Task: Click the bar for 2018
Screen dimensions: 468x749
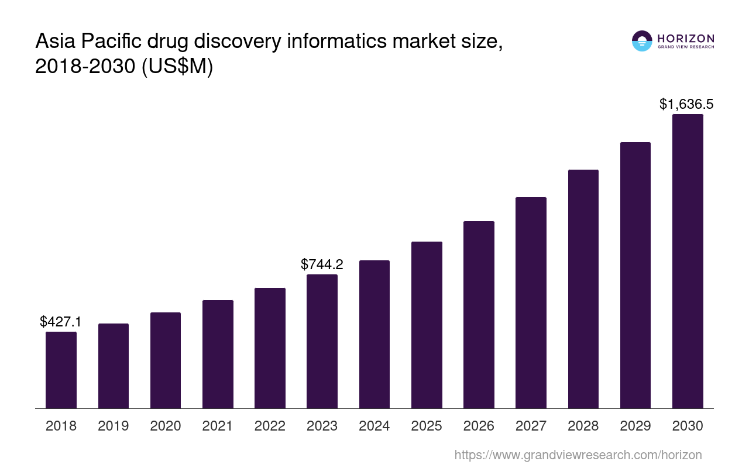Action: pyautogui.click(x=61, y=370)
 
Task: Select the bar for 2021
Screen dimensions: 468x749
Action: pyautogui.click(x=218, y=354)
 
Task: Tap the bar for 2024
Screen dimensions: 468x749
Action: pyautogui.click(x=374, y=334)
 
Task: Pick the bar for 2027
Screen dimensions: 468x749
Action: pyautogui.click(x=531, y=302)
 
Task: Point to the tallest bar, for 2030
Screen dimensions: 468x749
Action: pyautogui.click(x=688, y=261)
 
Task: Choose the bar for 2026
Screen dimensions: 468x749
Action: pyautogui.click(x=479, y=315)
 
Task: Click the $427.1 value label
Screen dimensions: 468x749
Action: pyautogui.click(x=61, y=322)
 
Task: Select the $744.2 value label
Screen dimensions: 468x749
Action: pyautogui.click(x=322, y=264)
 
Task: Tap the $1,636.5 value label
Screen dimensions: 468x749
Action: pyautogui.click(x=686, y=104)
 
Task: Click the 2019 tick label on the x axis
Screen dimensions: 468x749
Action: pyautogui.click(x=114, y=426)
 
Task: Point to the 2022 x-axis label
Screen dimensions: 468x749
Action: pyautogui.click(x=270, y=426)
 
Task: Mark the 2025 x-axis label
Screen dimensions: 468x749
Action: pyautogui.click(x=427, y=426)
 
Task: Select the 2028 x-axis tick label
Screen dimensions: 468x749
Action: pyautogui.click(x=583, y=426)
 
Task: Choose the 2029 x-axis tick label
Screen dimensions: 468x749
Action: pyautogui.click(x=635, y=426)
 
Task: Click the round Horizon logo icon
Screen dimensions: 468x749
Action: pyautogui.click(x=642, y=41)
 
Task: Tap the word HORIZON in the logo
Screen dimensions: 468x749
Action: pyautogui.click(x=686, y=39)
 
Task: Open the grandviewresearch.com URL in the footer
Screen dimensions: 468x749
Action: pyautogui.click(x=578, y=455)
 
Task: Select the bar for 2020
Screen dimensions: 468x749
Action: pyautogui.click(x=166, y=360)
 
